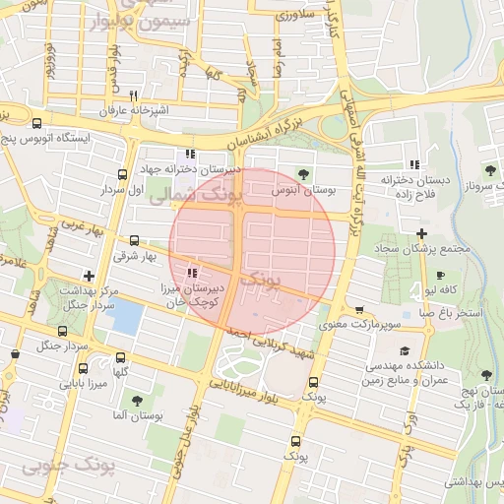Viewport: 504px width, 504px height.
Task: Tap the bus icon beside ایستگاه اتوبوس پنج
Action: tap(36, 124)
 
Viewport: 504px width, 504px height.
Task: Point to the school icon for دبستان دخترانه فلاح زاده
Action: tap(414, 163)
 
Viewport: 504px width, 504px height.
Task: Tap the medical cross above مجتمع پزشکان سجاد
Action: tap(421, 233)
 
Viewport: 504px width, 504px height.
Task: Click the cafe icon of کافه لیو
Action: tap(440, 275)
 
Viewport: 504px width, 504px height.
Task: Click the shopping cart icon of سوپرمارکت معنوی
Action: tap(358, 309)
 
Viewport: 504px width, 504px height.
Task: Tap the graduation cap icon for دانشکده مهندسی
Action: tap(404, 350)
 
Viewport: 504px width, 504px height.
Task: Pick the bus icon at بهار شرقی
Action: tap(135, 240)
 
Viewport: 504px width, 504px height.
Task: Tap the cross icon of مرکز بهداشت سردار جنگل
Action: tap(90, 277)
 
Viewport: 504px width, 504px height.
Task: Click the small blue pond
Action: tap(127, 317)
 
